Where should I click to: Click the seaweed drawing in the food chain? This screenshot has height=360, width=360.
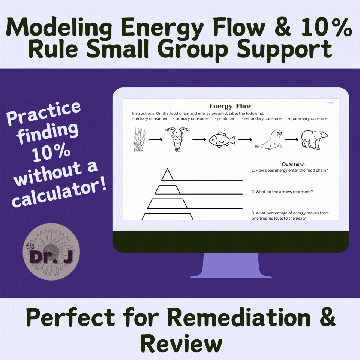[x=139, y=139]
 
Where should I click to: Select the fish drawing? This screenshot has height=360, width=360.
[x=222, y=140]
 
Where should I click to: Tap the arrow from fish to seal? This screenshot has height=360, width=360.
[x=245, y=139]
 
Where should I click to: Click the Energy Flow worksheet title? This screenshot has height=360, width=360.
[x=230, y=106]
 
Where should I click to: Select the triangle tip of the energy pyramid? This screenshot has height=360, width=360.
[x=167, y=175]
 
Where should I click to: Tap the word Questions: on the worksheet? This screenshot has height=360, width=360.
[x=294, y=164]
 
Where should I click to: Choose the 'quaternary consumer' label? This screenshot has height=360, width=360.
[x=308, y=119]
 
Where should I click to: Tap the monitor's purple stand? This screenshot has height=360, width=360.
[x=231, y=265]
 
